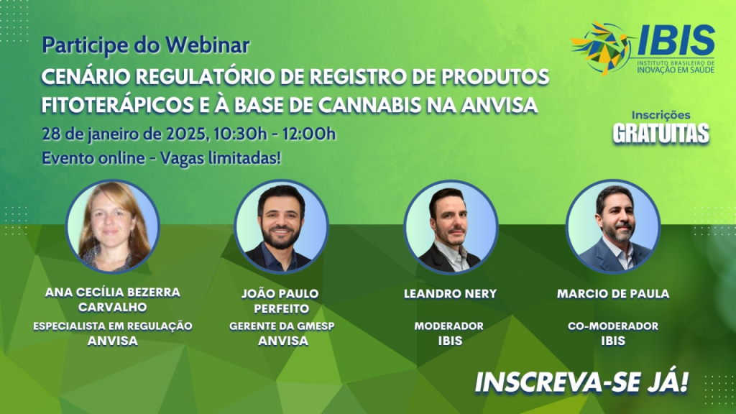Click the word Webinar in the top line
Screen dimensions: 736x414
pos(207,45)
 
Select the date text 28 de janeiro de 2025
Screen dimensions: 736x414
pos(124,134)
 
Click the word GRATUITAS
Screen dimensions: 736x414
pos(661,133)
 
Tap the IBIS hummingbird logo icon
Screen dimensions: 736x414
pos(602,47)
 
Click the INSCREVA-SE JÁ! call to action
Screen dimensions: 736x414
pos(581,382)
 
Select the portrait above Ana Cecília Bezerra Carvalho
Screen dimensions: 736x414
pos(113,226)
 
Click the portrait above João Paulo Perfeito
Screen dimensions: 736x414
pos(281,226)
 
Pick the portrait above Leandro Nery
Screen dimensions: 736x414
pos(451,226)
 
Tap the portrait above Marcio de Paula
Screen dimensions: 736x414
pos(613,226)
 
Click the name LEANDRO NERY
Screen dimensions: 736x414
pos(450,294)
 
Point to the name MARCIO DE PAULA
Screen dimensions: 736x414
pos(613,294)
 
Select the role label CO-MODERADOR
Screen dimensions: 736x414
pos(613,326)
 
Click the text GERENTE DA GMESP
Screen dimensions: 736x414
pos(282,326)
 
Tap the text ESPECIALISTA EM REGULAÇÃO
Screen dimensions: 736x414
pos(113,326)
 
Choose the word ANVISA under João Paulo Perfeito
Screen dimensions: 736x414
pos(283,341)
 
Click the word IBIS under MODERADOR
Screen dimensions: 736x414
pos(450,341)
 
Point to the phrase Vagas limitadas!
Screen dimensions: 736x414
pos(221,158)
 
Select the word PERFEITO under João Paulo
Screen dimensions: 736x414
pos(282,309)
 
